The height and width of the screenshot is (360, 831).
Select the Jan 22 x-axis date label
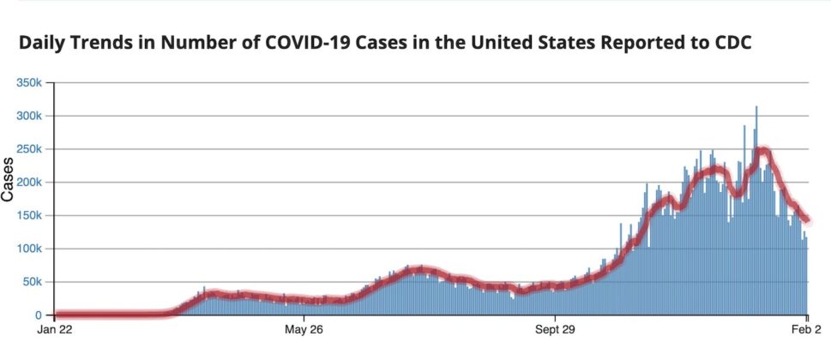click(x=55, y=329)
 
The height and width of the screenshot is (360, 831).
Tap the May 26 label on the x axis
click(x=304, y=329)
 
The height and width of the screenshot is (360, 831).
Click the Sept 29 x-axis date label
click(x=556, y=329)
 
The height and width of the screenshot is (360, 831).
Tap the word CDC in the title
click(x=731, y=43)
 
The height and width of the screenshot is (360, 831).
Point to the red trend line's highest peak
click(x=762, y=151)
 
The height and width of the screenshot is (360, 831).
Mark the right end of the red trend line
click(x=806, y=219)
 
